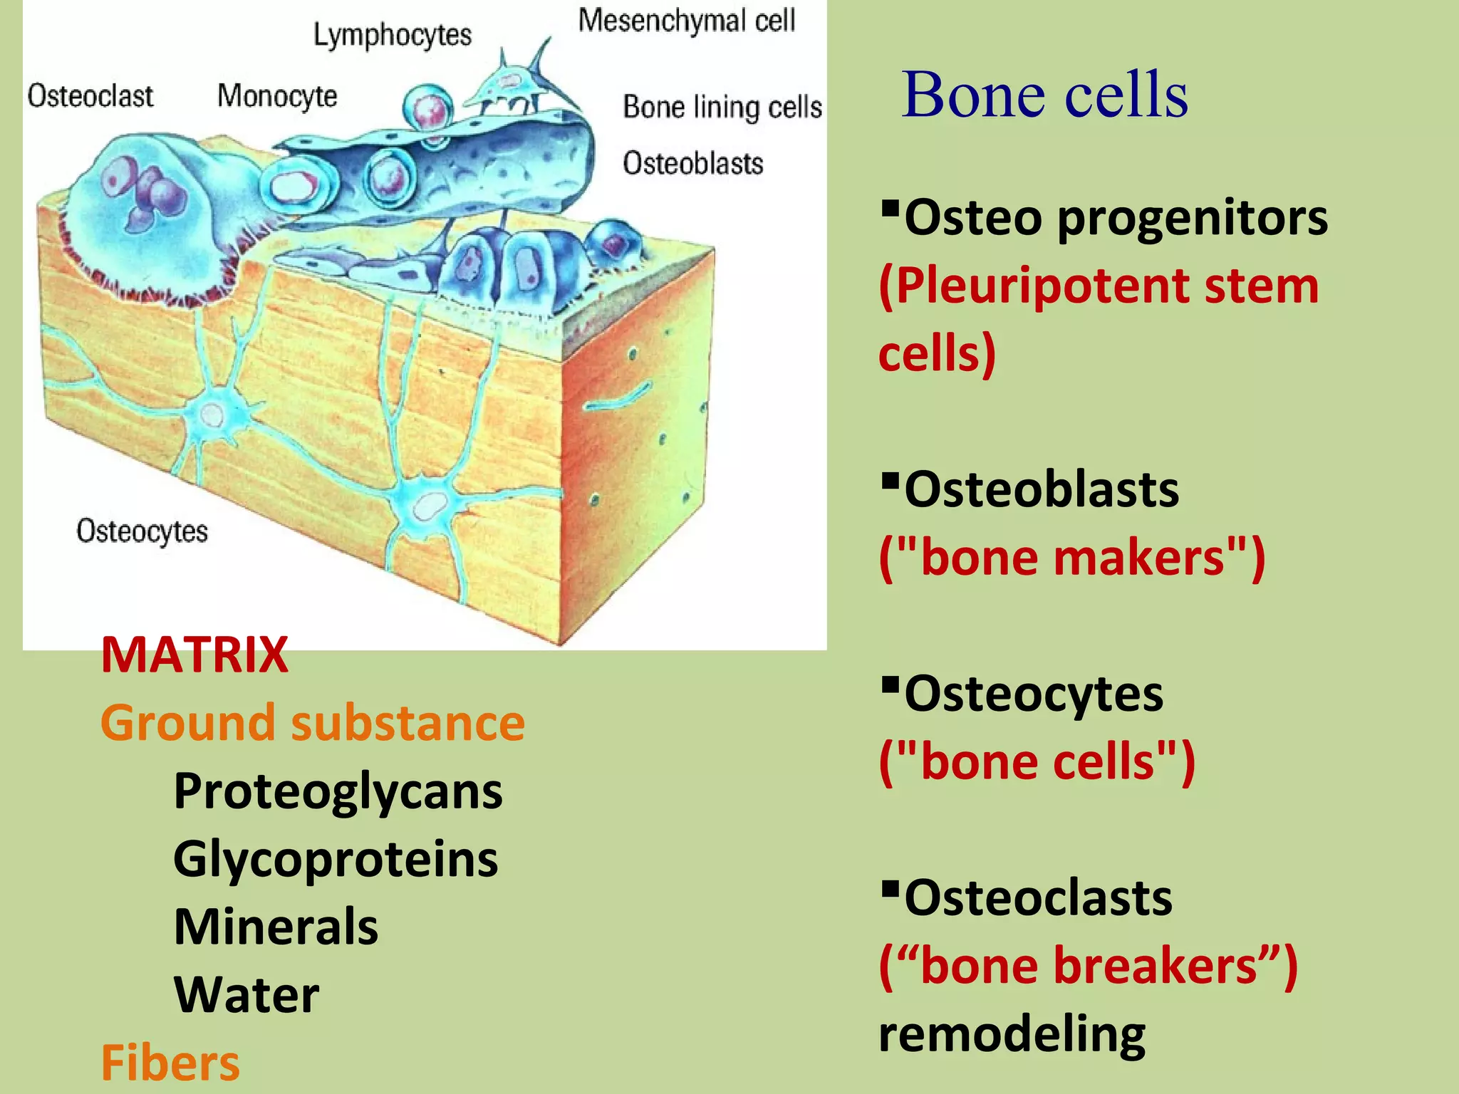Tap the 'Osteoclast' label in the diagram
(x=90, y=96)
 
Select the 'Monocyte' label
(x=277, y=96)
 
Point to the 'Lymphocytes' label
(x=393, y=35)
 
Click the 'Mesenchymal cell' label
(x=687, y=21)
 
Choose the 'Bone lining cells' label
(x=722, y=107)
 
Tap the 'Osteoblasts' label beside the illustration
(x=692, y=164)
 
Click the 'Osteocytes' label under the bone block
(x=142, y=531)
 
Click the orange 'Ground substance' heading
(x=313, y=722)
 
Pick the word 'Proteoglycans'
(x=338, y=791)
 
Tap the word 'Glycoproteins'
(x=336, y=859)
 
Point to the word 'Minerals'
(x=276, y=927)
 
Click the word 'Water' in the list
(x=246, y=994)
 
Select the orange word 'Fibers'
(x=170, y=1062)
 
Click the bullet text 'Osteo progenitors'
(x=1115, y=217)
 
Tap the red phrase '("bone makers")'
(x=1071, y=558)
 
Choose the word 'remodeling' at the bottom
(x=1012, y=1033)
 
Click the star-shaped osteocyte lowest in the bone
(x=425, y=507)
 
